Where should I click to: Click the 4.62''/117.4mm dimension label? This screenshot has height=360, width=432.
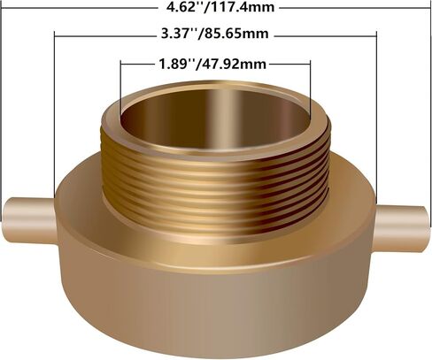(220, 7)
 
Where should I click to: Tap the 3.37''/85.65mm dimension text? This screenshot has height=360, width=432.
(215, 34)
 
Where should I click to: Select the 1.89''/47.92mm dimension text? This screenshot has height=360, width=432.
(212, 64)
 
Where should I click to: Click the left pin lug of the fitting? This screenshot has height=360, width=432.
(29, 220)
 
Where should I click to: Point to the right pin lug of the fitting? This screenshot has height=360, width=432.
(402, 228)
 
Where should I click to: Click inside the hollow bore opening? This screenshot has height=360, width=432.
(215, 118)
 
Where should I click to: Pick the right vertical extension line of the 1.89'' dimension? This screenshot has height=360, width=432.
(310, 89)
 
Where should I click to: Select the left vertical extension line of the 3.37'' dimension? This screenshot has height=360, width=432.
(55, 115)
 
